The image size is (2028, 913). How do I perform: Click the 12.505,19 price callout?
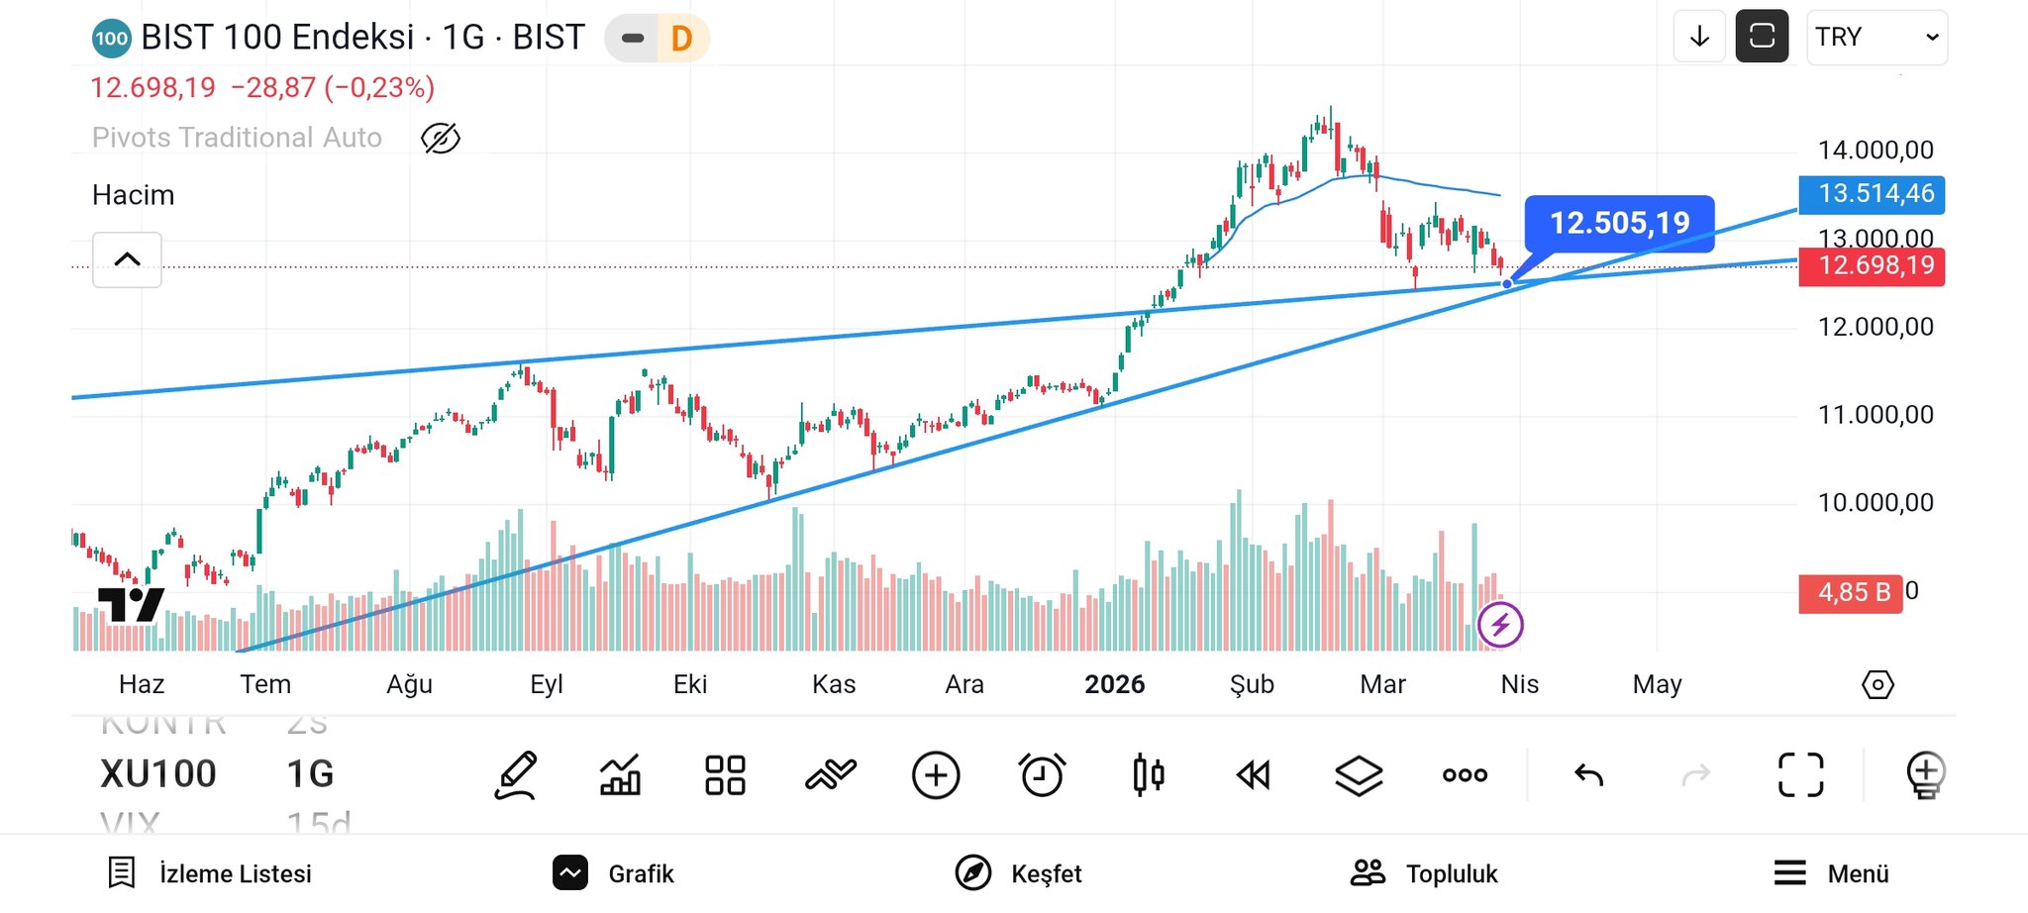(x=1619, y=224)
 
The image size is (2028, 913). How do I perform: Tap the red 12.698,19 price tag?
(x=1871, y=265)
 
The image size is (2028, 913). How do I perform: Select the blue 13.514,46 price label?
(x=1871, y=193)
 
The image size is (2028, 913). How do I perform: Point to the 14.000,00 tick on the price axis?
(x=1875, y=151)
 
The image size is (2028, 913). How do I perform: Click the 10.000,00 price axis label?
(x=1875, y=503)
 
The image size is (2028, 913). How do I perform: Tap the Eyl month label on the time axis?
(x=547, y=684)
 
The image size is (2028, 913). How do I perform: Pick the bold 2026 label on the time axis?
(x=1114, y=684)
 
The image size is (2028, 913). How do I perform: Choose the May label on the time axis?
(x=1657, y=684)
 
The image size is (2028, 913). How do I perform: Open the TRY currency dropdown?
(x=1876, y=38)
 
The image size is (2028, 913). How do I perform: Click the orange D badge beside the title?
(x=681, y=39)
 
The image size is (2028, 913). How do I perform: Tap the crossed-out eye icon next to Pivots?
(x=441, y=139)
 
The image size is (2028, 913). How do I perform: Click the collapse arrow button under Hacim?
(x=127, y=259)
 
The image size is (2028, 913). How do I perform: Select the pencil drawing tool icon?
(x=516, y=774)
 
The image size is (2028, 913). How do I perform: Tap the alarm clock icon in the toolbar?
(x=1042, y=774)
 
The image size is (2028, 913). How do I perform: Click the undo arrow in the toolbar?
(x=1588, y=774)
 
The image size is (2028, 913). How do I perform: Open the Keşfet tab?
(x=1019, y=873)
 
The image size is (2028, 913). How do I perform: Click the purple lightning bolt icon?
(x=1500, y=625)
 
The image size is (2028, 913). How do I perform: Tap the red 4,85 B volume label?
(x=1850, y=593)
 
